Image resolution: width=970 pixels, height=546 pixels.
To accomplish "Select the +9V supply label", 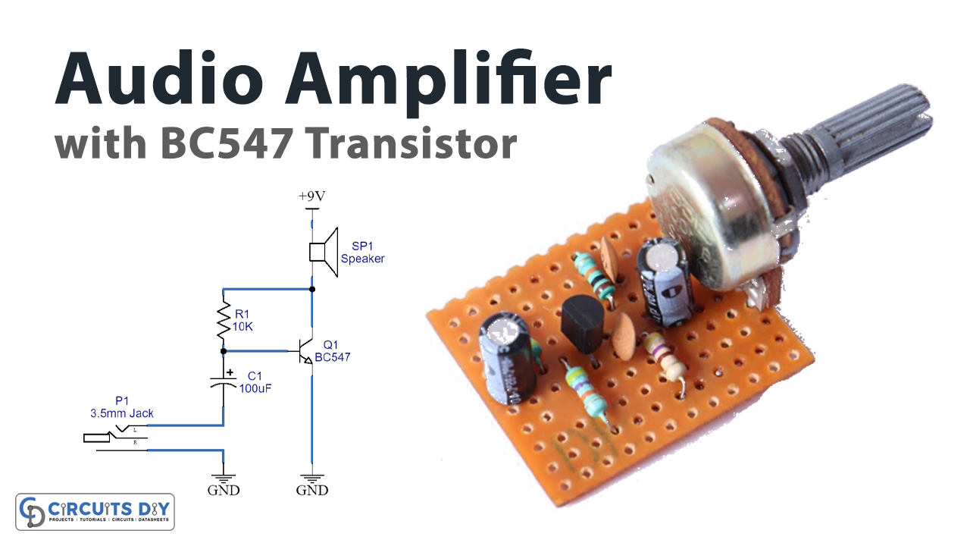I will (311, 196).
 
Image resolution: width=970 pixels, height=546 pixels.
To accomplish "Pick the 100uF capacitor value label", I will (255, 388).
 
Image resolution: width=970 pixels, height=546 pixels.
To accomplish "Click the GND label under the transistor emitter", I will (311, 491).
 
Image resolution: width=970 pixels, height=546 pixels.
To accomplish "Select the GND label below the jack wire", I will (224, 491).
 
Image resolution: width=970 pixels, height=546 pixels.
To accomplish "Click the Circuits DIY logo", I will (95, 511).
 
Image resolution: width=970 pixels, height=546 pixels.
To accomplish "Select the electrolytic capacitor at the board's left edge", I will (505, 356).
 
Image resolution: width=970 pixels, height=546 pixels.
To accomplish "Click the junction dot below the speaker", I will (311, 289).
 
